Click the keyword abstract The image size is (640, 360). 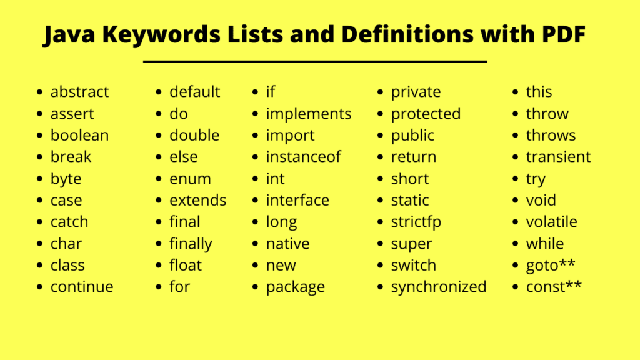[79, 92]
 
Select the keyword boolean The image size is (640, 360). [79, 135]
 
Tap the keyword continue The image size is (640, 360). [82, 286]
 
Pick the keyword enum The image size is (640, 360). [190, 179]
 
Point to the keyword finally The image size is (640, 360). [191, 244]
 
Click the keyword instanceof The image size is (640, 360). [303, 157]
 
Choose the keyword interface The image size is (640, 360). [297, 200]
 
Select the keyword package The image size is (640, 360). [296, 287]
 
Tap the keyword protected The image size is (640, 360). [426, 114]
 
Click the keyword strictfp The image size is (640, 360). [416, 222]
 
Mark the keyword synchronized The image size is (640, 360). [439, 287]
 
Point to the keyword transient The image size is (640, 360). [558, 157]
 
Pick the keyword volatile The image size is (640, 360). [551, 222]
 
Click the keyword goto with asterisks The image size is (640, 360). [551, 266]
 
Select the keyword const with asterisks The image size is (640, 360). [554, 286]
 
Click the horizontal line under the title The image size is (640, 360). [315, 62]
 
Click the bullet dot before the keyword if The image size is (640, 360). [256, 92]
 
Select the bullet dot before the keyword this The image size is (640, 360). [516, 92]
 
